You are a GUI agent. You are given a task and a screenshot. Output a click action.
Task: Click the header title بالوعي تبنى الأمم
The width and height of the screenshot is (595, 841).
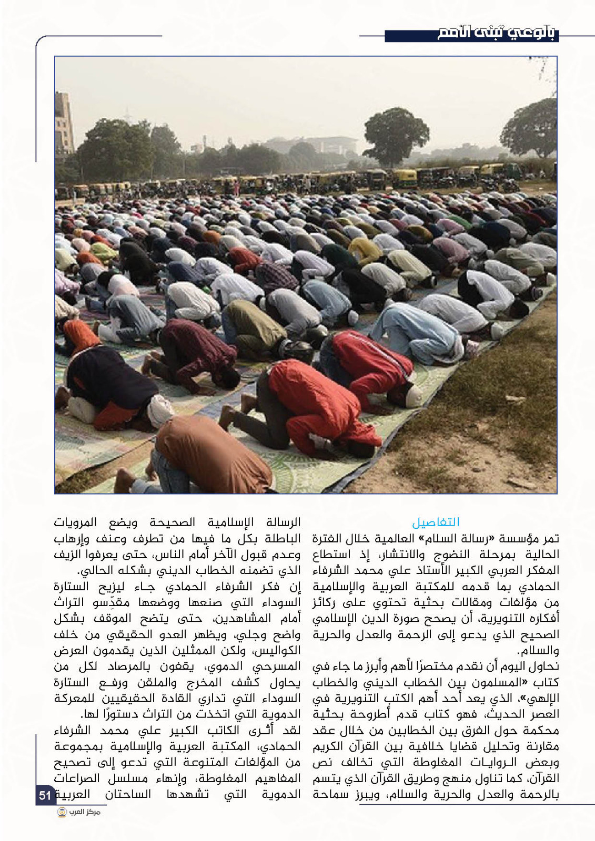497,34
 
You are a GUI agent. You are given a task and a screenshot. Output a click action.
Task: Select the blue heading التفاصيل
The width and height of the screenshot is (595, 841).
436,522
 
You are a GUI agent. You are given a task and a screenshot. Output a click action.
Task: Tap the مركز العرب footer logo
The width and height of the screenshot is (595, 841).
79,813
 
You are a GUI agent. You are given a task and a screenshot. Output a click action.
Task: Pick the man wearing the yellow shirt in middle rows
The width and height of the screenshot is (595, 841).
366,249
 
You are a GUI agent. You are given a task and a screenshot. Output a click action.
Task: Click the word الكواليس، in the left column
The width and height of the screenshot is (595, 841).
277,651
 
